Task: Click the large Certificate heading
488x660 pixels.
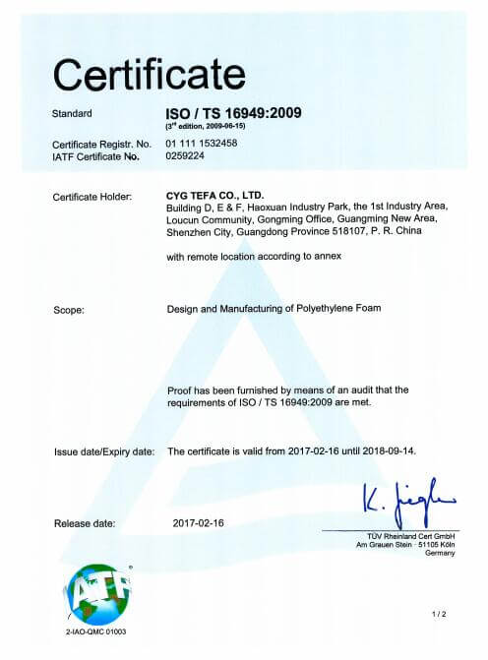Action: [147, 74]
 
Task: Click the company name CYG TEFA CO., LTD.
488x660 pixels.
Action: [215, 197]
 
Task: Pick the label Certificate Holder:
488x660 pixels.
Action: [90, 198]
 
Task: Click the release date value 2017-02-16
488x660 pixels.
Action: [200, 522]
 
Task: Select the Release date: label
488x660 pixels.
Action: [85, 522]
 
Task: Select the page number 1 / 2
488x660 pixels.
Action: [438, 615]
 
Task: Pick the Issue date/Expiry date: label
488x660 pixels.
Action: [103, 451]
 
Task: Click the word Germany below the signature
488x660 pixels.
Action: [440, 552]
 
